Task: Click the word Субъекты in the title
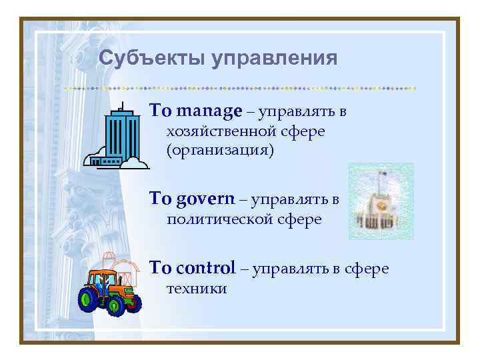click(x=153, y=58)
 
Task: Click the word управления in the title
click(x=275, y=59)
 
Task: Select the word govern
click(x=207, y=198)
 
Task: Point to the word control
click(x=206, y=268)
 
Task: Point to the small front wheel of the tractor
click(x=131, y=303)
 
